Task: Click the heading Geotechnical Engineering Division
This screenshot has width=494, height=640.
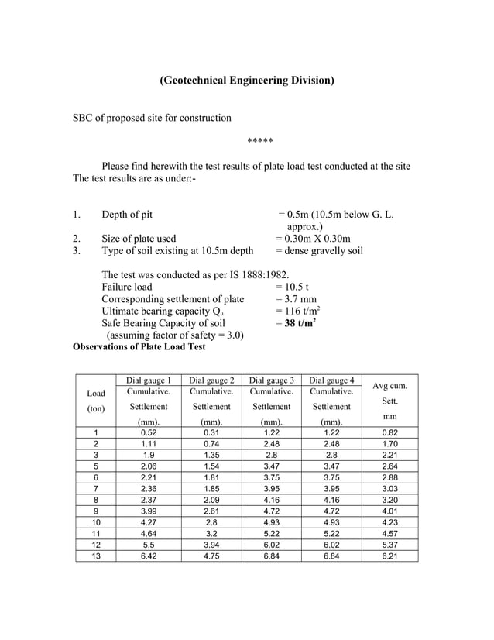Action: [247, 81]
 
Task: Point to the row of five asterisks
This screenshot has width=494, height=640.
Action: [259, 141]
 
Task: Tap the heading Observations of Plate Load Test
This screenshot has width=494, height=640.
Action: [139, 347]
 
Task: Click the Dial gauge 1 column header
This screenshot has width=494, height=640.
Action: [148, 380]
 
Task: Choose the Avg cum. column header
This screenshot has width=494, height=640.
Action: [390, 385]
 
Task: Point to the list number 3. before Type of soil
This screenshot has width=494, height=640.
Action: [77, 251]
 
